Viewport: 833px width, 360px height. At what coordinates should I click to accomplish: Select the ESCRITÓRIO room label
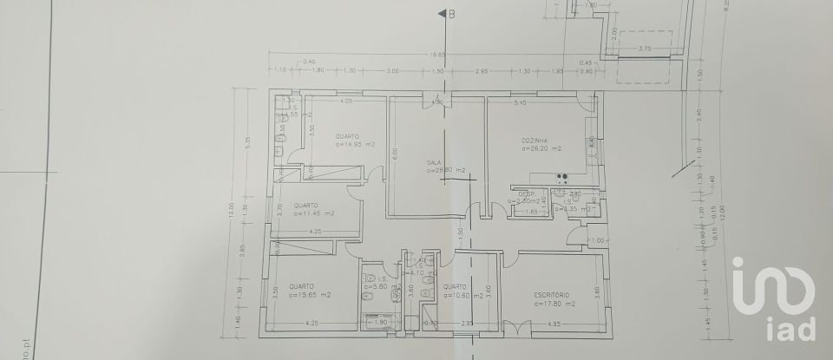point(555,295)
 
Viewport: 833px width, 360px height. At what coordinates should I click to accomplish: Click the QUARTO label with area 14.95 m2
point(351,136)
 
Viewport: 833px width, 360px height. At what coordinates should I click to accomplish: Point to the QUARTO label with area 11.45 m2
point(295,204)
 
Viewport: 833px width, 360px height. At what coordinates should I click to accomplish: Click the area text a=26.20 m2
point(541,148)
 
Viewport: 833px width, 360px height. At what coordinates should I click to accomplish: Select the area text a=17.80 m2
point(555,304)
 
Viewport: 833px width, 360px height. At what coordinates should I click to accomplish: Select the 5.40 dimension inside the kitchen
point(521,103)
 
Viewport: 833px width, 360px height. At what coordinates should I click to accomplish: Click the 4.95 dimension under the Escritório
point(554,324)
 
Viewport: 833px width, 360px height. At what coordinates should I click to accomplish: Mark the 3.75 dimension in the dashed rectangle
point(643,48)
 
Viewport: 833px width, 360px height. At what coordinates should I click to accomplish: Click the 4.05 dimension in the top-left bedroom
point(345,101)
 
